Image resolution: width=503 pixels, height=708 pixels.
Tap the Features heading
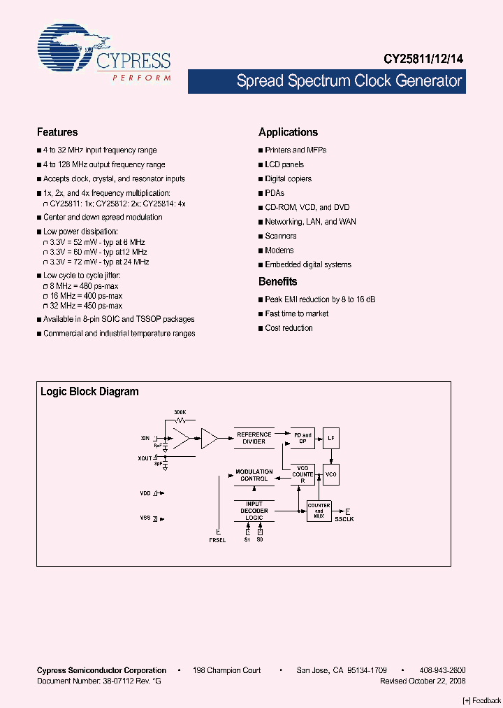(x=57, y=132)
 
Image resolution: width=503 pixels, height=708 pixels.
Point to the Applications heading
(x=288, y=132)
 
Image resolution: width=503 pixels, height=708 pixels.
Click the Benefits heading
(x=277, y=282)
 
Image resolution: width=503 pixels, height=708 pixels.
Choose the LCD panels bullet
(x=284, y=164)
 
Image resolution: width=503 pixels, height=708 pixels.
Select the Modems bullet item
(x=279, y=250)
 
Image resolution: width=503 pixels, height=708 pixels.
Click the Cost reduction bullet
(x=289, y=328)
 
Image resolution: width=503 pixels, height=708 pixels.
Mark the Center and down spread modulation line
(x=103, y=217)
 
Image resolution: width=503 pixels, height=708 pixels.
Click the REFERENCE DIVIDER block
(x=254, y=438)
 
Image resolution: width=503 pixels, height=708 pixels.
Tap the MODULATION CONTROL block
(x=254, y=475)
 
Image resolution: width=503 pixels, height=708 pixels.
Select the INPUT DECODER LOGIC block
(x=254, y=511)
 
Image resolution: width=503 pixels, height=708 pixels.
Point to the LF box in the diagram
(x=331, y=438)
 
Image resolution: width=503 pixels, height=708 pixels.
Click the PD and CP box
(x=302, y=438)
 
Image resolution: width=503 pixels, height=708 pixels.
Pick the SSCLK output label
(x=344, y=520)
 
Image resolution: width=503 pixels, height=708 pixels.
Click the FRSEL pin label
(x=217, y=540)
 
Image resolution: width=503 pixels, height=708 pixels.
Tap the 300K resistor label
(x=180, y=413)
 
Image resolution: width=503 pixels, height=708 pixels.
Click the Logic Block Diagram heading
(x=89, y=392)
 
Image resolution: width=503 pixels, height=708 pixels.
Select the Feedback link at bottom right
(x=482, y=700)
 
